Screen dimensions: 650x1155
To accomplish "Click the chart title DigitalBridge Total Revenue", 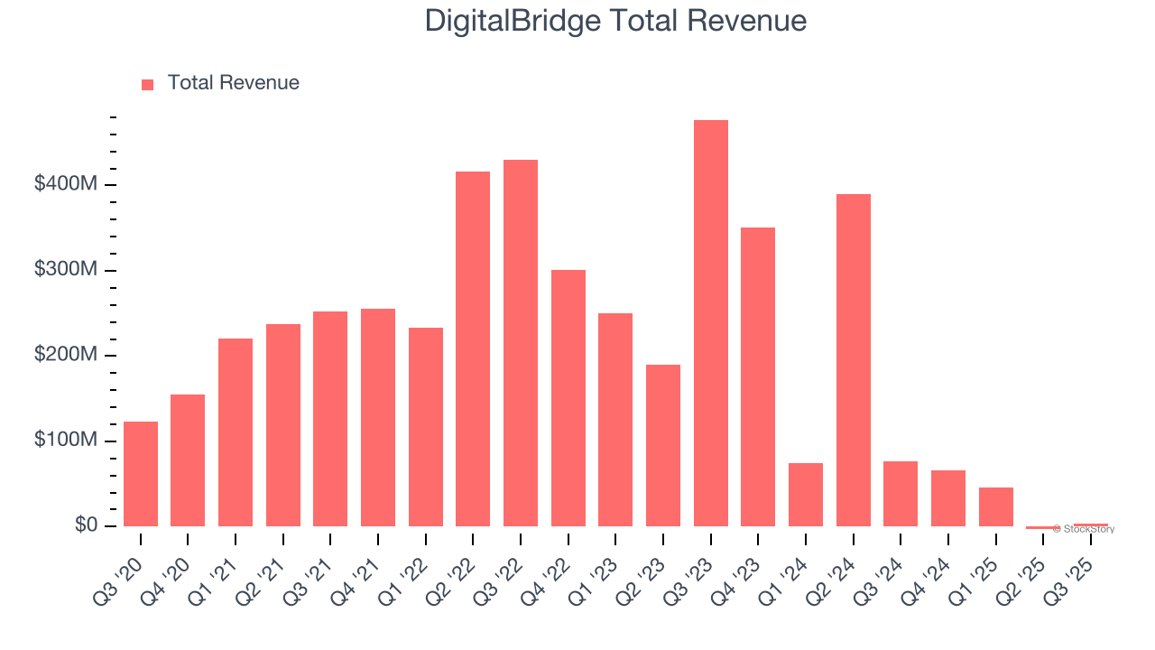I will [615, 20].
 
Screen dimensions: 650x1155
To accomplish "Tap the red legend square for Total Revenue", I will [148, 84].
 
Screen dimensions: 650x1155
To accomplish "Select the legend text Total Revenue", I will [233, 83].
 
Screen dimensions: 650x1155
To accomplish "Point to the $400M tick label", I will [66, 185].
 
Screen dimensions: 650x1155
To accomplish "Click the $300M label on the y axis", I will [66, 271].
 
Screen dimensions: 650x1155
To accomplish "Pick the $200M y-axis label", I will [66, 356].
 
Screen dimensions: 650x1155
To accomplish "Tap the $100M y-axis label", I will [66, 441].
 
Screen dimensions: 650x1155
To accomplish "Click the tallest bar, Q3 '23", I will [710, 323].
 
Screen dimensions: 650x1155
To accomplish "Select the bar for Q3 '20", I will [141, 474].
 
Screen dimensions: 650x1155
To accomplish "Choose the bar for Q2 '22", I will [473, 348].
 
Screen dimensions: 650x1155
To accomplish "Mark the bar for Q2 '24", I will [853, 360].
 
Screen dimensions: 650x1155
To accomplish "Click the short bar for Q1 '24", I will [806, 495].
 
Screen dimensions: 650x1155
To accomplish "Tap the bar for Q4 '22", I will [568, 398].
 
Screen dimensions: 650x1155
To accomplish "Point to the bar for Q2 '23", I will [663, 445].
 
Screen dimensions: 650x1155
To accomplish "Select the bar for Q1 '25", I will [995, 506].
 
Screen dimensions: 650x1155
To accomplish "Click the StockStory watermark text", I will [1086, 529].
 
